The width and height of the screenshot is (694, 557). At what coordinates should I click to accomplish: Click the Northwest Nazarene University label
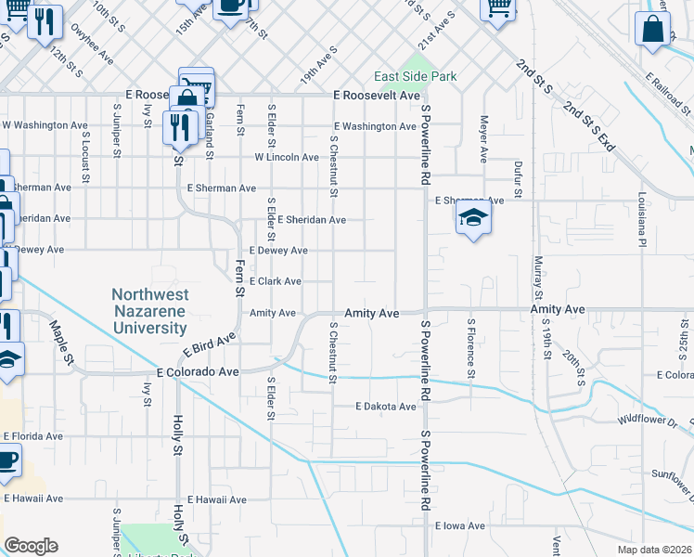(x=149, y=311)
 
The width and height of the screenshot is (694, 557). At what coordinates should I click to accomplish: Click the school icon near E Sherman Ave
(x=473, y=219)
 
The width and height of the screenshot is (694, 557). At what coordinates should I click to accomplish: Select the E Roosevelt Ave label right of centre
(x=377, y=96)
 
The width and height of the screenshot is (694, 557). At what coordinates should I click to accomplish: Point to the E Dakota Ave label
(x=386, y=407)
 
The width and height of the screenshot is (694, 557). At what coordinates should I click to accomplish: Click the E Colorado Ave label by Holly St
(x=198, y=371)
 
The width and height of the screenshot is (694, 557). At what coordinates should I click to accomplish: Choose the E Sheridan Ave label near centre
(x=303, y=220)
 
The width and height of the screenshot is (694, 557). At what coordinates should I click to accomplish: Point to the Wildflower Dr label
(x=649, y=420)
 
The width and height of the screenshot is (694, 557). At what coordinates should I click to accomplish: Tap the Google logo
(x=30, y=546)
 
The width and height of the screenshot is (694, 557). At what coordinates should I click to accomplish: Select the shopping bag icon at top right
(x=652, y=29)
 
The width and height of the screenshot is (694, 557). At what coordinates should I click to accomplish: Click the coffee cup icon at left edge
(x=6, y=459)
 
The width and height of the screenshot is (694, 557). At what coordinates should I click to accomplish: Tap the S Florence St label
(x=471, y=349)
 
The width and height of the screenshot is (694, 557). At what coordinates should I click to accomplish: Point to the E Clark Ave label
(x=276, y=281)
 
